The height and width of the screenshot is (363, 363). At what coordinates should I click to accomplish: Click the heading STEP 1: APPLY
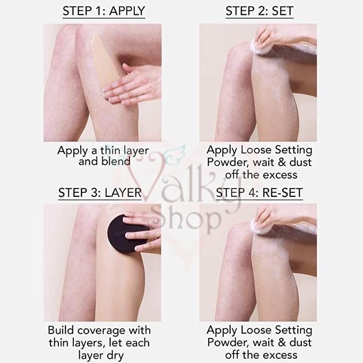pyautogui.click(x=104, y=11)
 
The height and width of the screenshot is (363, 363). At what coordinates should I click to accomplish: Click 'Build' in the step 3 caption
pyautogui.click(x=62, y=330)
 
